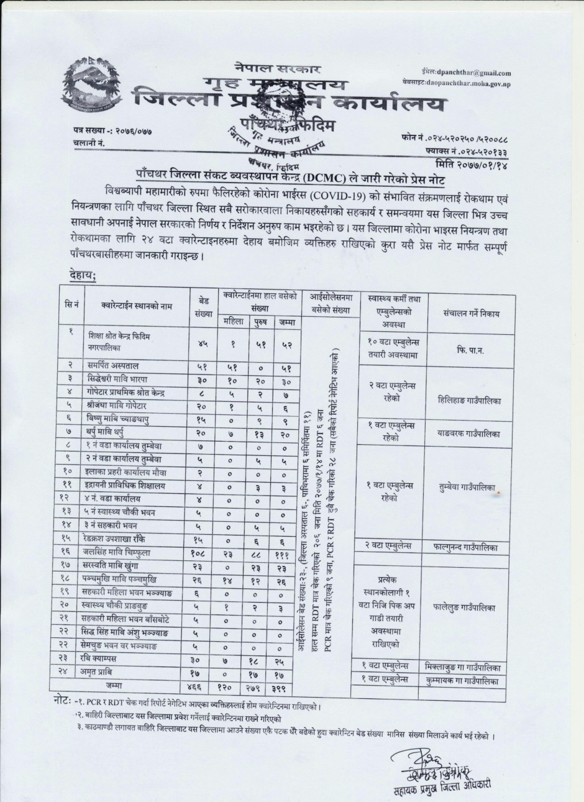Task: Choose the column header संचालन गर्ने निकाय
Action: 472,313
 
